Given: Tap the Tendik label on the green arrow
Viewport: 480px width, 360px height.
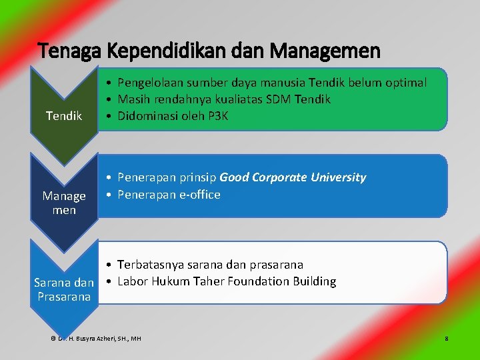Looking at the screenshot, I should (64, 116).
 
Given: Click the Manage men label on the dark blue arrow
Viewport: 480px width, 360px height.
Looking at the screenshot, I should (64, 203).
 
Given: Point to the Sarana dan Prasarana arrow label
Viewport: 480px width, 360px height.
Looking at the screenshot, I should (64, 289).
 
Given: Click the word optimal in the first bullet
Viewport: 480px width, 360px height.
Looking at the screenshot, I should (404, 82).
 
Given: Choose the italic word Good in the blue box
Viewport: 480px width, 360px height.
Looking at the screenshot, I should (233, 177).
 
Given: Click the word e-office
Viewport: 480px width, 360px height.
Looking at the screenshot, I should (199, 195).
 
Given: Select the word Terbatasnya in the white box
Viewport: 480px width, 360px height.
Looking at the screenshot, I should (151, 264).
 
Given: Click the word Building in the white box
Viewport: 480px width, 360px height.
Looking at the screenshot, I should (314, 281).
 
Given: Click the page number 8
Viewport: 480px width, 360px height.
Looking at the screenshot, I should (446, 339).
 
